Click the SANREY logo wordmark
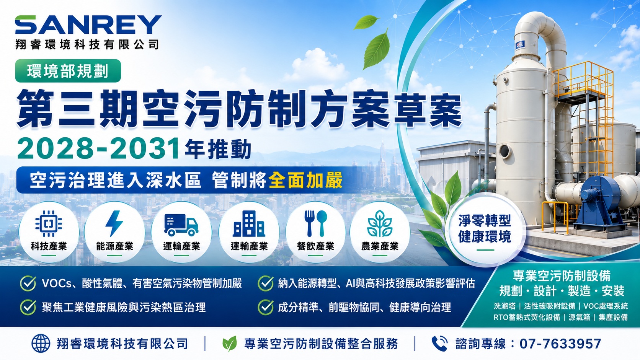[x=88, y=24]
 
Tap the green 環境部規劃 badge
[x=68, y=71]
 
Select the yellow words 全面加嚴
[x=305, y=180]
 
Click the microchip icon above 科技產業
[x=49, y=223]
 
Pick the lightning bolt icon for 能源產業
[x=114, y=223]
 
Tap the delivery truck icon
[x=181, y=225]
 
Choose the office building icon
[x=248, y=224]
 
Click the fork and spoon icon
[x=315, y=223]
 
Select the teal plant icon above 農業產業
[x=380, y=223]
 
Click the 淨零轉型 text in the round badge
[x=485, y=220]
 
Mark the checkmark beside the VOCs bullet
[x=28, y=283]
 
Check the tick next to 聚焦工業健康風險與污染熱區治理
[x=28, y=307]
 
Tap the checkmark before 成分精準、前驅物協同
[x=266, y=307]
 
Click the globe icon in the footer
[x=41, y=343]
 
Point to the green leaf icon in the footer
[x=230, y=344]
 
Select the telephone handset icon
[x=439, y=344]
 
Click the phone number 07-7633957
[x=560, y=344]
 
